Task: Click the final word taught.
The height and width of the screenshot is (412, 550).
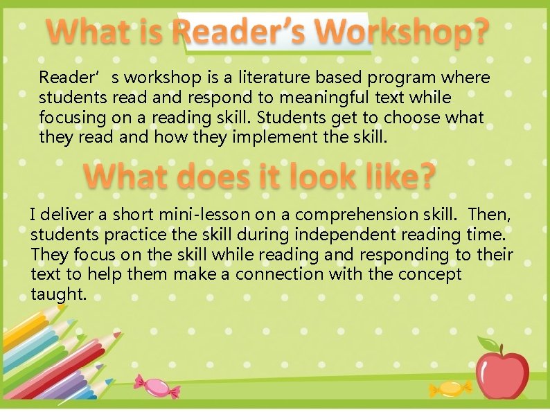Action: pyautogui.click(x=59, y=294)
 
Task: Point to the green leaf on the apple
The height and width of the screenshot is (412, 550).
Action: pyautogui.click(x=487, y=341)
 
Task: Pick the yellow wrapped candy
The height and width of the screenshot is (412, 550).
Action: pyautogui.click(x=450, y=388)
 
